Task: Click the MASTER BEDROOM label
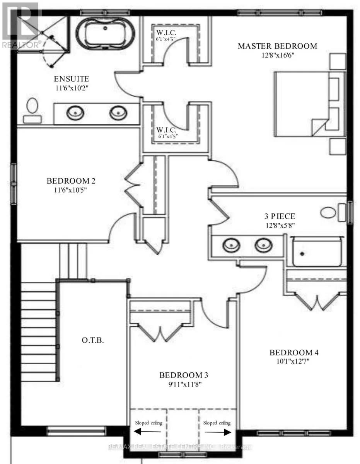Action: [277, 46]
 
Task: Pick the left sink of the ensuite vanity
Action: [75, 113]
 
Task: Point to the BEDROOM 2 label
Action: [71, 181]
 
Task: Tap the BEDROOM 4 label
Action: [293, 353]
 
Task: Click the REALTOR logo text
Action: [21, 44]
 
